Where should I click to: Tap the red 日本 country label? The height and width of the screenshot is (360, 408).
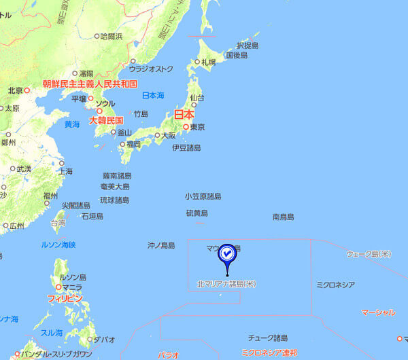coord(184,114)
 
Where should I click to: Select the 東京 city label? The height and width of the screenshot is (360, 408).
coord(198,127)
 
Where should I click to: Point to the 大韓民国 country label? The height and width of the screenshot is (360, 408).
coord(106,120)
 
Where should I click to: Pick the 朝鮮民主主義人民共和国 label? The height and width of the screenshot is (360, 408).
coord(90,84)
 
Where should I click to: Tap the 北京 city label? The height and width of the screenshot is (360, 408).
coord(16,90)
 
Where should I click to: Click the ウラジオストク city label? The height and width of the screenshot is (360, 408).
coord(151,69)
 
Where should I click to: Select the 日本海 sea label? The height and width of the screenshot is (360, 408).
coord(153,95)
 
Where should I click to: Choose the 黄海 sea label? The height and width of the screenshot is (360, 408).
coord(71,124)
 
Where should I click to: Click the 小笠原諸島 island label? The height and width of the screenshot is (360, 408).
coord(203,196)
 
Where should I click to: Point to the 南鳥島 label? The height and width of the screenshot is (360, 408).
coord(283,217)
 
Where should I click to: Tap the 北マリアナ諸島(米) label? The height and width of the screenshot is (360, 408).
coord(225,283)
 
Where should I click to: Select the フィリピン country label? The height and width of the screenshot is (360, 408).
coord(65,298)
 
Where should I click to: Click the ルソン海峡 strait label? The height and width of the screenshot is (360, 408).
coord(58,245)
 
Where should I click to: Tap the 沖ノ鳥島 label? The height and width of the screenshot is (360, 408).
coord(161,245)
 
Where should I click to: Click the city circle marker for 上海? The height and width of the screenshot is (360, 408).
coord(61,163)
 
